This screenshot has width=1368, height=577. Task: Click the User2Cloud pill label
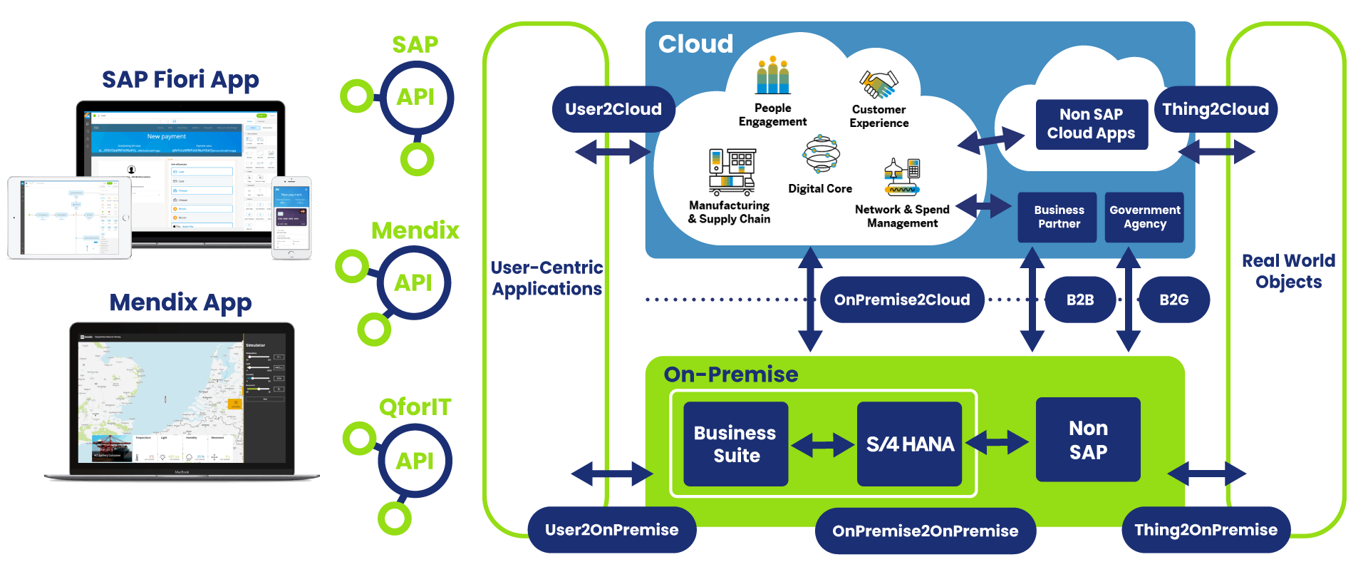[613, 109]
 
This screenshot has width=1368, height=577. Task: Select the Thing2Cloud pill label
[1216, 109]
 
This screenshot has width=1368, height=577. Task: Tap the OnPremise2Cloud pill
[902, 300]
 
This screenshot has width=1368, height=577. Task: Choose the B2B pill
[1080, 300]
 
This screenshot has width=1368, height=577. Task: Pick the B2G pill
[1173, 300]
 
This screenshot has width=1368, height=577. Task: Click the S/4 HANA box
[910, 444]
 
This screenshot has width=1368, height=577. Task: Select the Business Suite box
[736, 444]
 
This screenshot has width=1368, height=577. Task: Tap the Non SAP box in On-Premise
[1088, 440]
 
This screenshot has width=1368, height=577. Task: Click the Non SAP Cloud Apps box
[1091, 124]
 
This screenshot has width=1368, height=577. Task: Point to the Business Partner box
[1058, 217]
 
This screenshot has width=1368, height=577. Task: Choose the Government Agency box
[1144, 217]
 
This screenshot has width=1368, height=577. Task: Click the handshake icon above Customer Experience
[879, 84]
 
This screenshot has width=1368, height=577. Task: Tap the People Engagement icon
[773, 76]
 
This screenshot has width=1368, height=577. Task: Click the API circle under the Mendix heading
[414, 282]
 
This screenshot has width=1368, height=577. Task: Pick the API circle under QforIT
[415, 461]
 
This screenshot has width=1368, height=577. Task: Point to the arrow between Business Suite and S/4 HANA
[823, 446]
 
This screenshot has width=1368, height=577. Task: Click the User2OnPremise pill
[612, 530]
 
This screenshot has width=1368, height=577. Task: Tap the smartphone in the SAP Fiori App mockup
[292, 218]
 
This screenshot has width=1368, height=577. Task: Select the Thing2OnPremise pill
[1206, 530]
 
